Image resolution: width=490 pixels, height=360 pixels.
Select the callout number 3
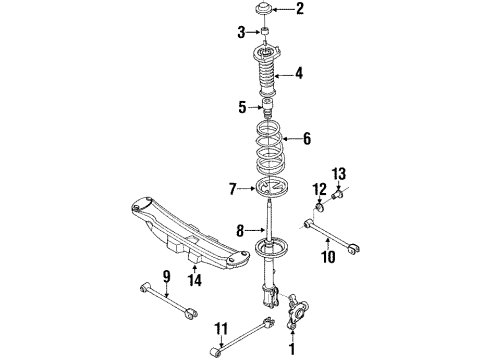pyautogui.click(x=239, y=34)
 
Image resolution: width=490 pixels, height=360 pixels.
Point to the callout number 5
pyautogui.click(x=241, y=107)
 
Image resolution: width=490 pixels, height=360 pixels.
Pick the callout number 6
pyautogui.click(x=306, y=140)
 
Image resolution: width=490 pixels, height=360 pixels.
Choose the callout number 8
pyautogui.click(x=239, y=231)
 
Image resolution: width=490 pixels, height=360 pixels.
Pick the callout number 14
pyautogui.click(x=196, y=282)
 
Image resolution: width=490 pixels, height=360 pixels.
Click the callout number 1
pyautogui.click(x=292, y=349)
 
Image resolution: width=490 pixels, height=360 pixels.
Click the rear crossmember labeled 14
pyautogui.click(x=185, y=235)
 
